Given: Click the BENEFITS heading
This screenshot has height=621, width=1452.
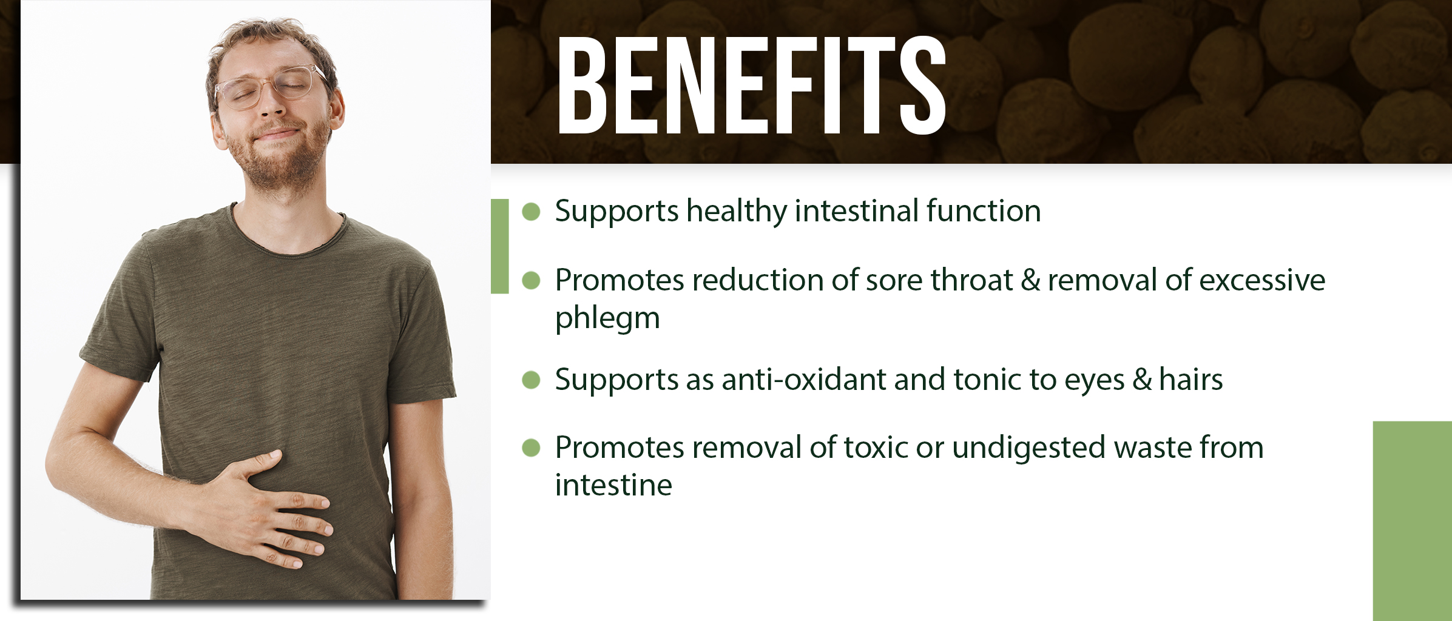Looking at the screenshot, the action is coord(752,85).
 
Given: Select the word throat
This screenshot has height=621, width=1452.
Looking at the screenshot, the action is coord(971,280).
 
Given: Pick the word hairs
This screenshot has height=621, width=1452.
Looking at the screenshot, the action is coord(1190,380).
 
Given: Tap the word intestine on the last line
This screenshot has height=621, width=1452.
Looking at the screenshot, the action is coord(613,485).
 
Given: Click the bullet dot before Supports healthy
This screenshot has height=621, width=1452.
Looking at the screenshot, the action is coord(531,212).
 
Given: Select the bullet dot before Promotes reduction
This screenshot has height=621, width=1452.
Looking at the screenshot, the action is coord(531,280).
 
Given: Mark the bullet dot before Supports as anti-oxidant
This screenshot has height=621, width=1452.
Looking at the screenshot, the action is coord(531,380).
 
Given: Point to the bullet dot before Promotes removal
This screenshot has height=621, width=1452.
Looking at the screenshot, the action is coord(531,448).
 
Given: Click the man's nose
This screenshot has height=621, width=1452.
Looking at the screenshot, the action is coord(272,103).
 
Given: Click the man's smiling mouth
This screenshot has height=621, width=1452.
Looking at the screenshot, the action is coord(276,134).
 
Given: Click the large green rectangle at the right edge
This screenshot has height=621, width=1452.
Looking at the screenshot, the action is coord(1413,521).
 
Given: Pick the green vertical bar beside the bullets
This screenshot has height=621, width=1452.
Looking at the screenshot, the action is coord(499,246).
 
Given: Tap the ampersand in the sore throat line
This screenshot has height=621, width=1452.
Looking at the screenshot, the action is coord(1030,280).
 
